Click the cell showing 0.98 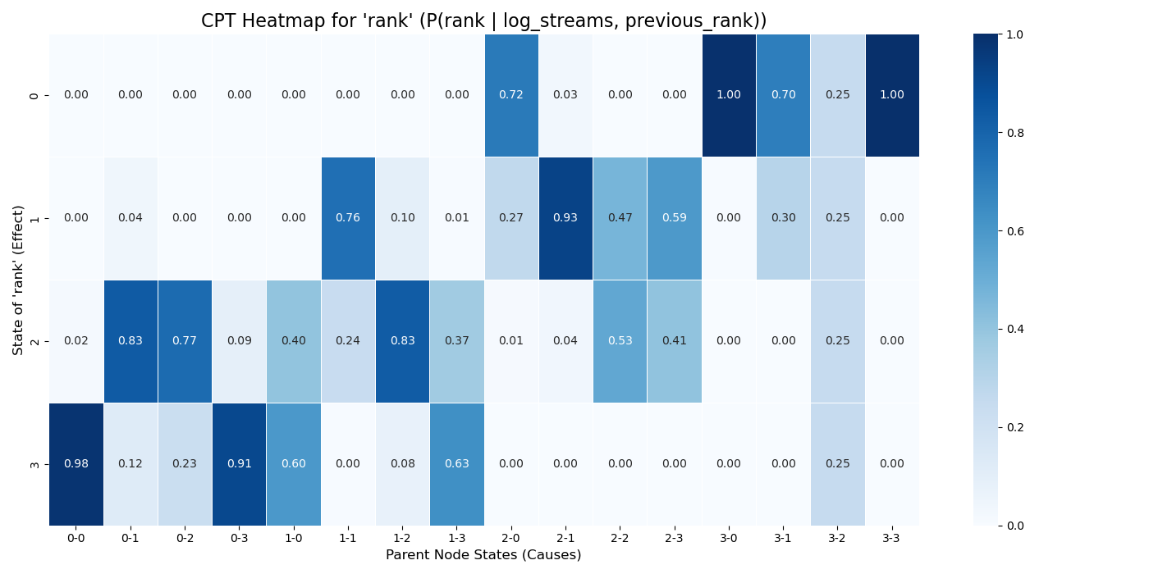click(76, 464)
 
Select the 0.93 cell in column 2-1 click(565, 218)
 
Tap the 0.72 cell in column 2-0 click(511, 95)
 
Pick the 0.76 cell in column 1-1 click(348, 218)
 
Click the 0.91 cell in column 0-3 click(239, 464)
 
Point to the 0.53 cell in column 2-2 click(620, 341)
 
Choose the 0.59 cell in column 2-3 click(674, 218)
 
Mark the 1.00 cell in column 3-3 click(891, 95)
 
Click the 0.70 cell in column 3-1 click(783, 95)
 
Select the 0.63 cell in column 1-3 click(456, 464)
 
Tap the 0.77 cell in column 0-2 click(185, 341)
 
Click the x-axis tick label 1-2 click(402, 538)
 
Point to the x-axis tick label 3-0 click(729, 538)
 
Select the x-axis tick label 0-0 click(76, 538)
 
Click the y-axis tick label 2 click(34, 341)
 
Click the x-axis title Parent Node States click(483, 555)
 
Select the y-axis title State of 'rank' click(18, 280)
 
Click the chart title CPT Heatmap click(483, 21)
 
